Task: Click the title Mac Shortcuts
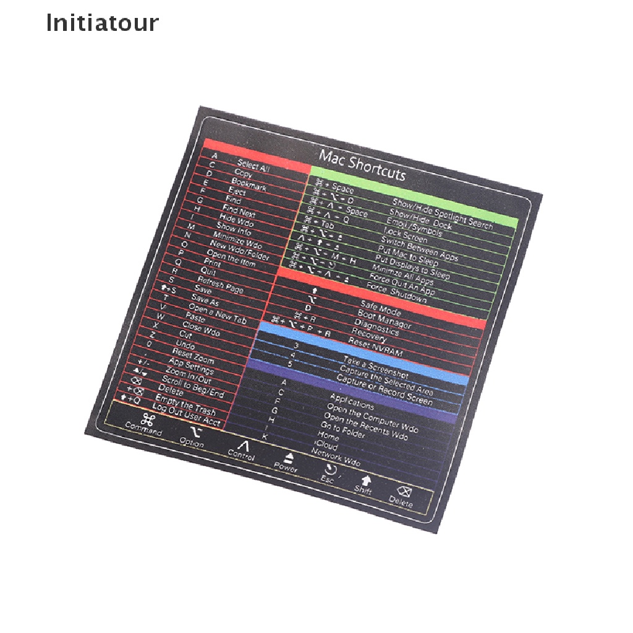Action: [x=362, y=165]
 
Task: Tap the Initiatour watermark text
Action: [x=103, y=23]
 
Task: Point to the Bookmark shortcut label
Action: [x=249, y=184]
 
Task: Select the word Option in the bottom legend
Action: [x=191, y=443]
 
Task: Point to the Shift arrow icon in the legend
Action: [x=366, y=479]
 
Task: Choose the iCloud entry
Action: [x=327, y=444]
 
